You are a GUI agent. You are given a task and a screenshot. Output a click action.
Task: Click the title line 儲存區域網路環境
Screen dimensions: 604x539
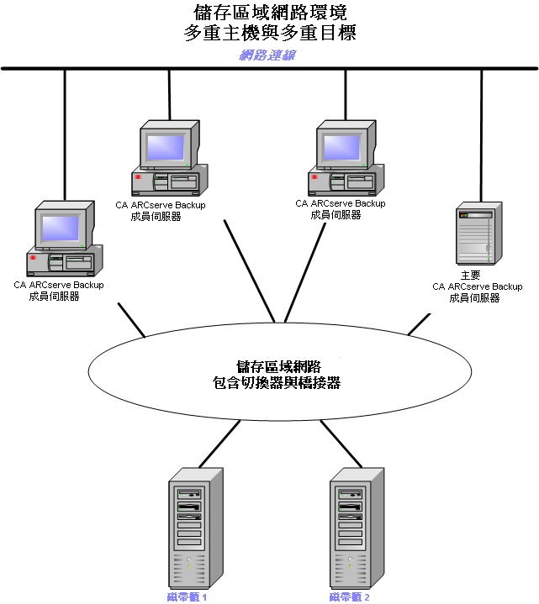(269, 13)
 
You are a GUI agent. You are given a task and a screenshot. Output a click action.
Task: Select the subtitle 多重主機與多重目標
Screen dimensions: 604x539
(269, 34)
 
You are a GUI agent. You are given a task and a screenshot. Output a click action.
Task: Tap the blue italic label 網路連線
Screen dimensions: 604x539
(267, 55)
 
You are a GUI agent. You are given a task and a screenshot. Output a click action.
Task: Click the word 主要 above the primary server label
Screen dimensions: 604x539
(470, 276)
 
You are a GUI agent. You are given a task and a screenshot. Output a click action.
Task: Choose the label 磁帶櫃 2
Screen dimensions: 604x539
(350, 597)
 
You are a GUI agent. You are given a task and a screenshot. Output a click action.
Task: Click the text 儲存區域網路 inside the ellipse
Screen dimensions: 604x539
(277, 366)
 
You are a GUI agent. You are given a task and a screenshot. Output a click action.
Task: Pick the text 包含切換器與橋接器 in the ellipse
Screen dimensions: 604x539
(277, 383)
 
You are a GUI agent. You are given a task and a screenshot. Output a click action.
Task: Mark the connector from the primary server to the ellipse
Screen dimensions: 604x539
(419, 324)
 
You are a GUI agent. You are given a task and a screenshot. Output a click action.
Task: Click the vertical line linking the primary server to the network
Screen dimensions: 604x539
(481, 134)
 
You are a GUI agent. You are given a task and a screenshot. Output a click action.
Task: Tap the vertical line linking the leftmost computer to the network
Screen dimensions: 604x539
(64, 134)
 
